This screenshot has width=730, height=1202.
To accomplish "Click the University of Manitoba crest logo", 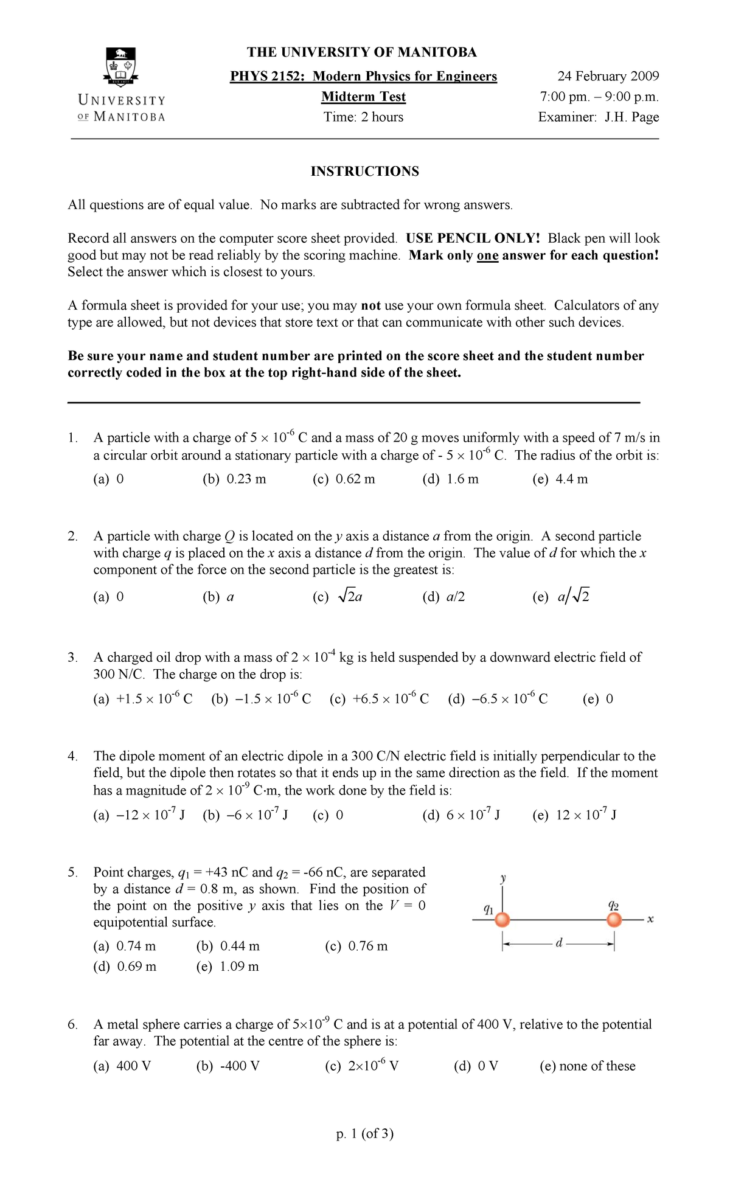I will [121, 67].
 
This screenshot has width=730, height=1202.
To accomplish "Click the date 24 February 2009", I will [608, 76].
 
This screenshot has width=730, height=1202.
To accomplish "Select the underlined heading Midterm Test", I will [363, 97].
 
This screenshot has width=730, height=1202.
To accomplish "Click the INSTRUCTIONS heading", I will [364, 172].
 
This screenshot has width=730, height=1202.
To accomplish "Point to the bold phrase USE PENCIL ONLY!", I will [473, 238].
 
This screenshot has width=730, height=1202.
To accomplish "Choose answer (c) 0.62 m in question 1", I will [344, 479].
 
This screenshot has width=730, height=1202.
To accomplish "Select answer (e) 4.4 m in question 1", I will [560, 479].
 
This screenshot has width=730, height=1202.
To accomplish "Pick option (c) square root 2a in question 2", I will [338, 597].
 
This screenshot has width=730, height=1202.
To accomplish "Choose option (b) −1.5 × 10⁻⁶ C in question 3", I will [261, 699].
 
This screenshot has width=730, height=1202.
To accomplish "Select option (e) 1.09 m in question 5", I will [228, 967].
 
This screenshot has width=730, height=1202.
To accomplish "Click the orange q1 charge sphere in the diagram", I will [502, 920].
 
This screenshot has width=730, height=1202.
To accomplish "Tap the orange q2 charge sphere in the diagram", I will [614, 920].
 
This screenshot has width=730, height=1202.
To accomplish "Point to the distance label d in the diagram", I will [559, 943].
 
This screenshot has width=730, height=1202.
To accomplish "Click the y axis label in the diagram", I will [503, 878].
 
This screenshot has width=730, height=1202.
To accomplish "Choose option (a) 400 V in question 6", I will [122, 1066].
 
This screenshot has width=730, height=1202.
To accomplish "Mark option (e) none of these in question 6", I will [587, 1066].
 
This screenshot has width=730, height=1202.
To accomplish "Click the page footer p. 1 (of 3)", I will [364, 1134].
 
